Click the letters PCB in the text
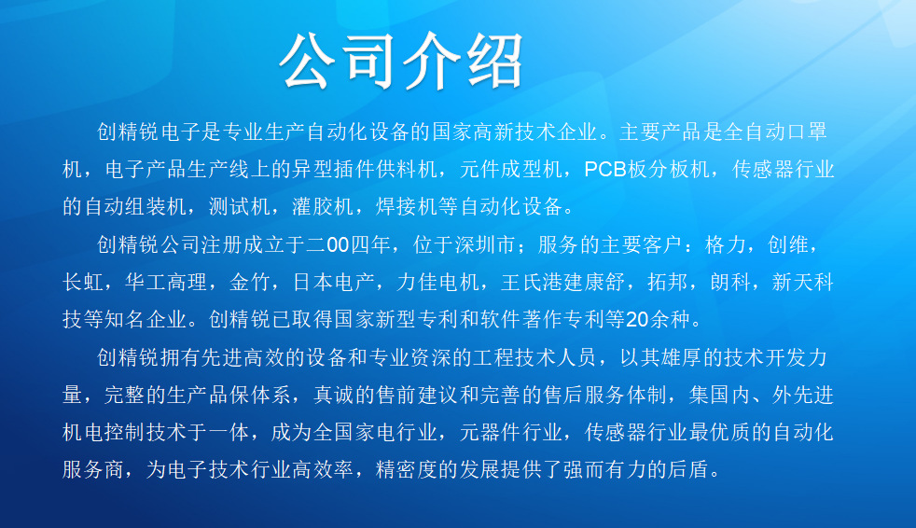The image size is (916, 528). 605,170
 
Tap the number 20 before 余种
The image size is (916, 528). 637,319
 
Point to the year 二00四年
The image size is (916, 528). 348,244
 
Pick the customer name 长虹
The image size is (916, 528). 83,282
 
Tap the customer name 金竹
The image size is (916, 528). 249,282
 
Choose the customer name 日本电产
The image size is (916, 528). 333,282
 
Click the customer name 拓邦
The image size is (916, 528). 667,282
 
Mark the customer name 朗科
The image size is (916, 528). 730,282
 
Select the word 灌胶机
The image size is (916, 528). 323,207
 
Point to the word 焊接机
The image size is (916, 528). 406,207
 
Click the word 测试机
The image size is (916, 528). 239,207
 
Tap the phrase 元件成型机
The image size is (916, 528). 510,170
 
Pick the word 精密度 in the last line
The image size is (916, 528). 406,469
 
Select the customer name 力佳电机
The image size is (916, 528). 437,282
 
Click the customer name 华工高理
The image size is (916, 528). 166,282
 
